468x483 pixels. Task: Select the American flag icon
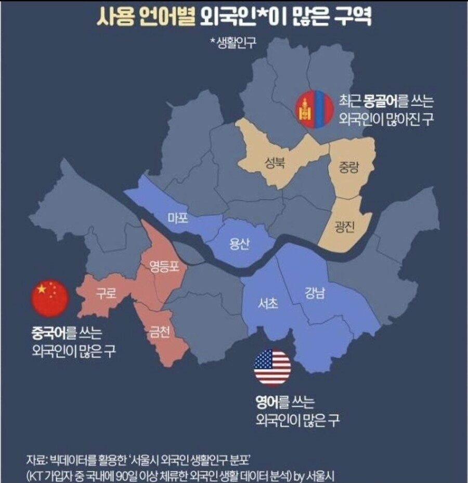[272, 368]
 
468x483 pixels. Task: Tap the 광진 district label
[344, 227]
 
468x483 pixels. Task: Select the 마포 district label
[178, 218]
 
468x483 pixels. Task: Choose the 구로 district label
[106, 294]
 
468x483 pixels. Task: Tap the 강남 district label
[315, 294]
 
